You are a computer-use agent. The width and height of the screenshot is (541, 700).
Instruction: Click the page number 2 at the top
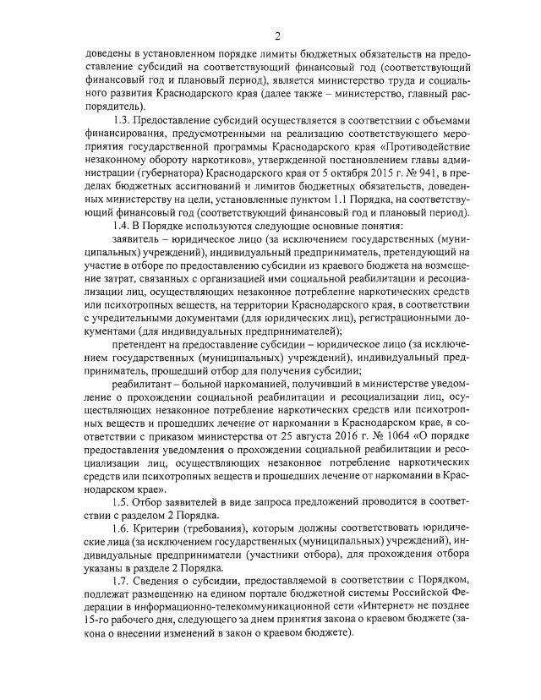[x=276, y=35]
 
